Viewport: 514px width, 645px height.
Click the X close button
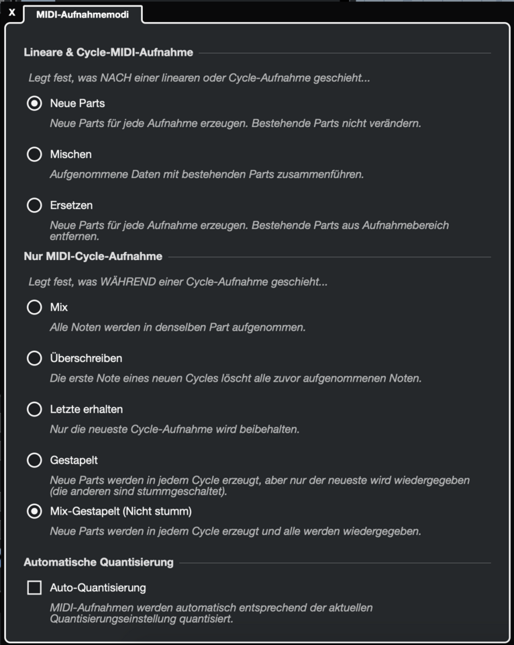11,13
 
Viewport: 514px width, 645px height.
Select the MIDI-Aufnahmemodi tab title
83,13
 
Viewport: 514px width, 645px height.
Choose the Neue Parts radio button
34,103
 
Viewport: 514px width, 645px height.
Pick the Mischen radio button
34,155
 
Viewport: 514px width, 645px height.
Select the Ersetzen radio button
34,206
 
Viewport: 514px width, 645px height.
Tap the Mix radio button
34,308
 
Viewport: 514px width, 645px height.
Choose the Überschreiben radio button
34,359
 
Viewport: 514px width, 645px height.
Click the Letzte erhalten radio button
34,409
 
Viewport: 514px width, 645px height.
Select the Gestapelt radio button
34,460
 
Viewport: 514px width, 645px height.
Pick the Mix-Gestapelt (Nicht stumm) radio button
34,511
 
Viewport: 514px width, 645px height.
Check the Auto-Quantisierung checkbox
34,588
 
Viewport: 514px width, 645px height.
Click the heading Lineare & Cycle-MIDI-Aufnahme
108,52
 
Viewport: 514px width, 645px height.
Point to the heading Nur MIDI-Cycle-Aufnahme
93,257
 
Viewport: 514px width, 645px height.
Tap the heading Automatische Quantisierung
99,562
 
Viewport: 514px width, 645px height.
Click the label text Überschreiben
86,359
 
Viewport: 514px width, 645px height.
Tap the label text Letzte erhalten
86,409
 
